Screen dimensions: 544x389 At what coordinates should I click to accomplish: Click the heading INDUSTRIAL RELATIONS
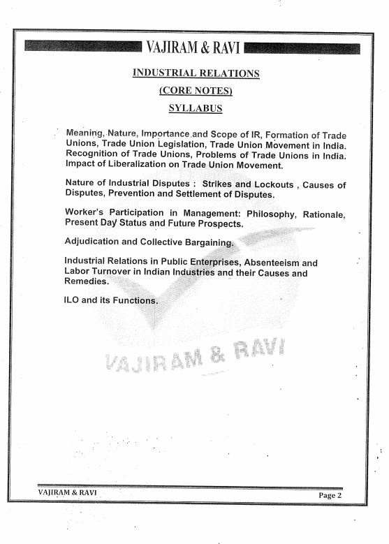(196, 73)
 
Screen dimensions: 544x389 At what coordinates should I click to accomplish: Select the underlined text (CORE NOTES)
(196, 91)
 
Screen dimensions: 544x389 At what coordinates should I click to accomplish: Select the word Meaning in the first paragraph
(84, 133)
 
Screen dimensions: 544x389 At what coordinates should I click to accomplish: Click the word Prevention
(130, 194)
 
